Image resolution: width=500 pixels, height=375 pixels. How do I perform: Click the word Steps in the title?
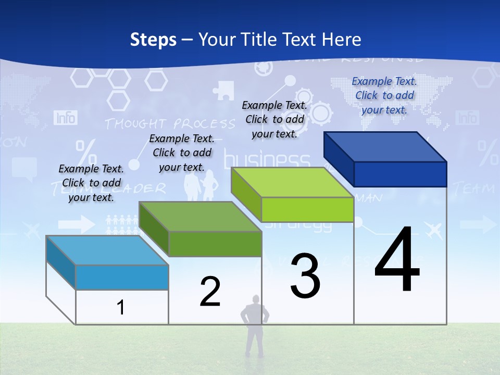(153, 40)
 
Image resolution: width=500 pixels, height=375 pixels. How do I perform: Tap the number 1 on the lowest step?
(121, 308)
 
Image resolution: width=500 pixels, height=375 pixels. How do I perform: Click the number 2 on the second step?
(210, 292)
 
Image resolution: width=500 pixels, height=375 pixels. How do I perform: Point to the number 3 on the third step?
(305, 276)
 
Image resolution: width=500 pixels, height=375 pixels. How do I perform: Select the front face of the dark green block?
(215, 244)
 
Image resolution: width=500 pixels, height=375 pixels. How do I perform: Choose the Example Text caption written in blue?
(384, 95)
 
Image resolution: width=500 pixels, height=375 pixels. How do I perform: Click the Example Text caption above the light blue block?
(91, 183)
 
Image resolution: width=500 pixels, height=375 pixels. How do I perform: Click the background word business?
(267, 159)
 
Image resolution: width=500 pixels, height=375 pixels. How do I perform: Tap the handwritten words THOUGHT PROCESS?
(170, 124)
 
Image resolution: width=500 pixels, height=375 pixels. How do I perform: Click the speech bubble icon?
(24, 168)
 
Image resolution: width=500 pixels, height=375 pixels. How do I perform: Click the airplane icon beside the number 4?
(433, 228)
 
